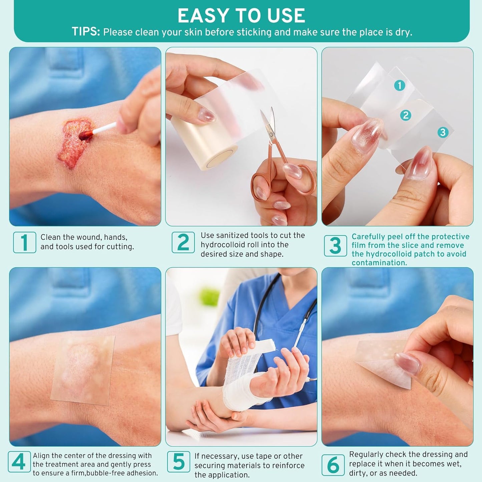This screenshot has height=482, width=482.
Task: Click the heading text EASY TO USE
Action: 241,16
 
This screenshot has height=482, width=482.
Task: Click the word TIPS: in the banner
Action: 86,32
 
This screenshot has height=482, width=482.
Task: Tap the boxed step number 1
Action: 24,243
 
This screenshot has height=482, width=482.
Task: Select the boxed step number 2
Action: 183,243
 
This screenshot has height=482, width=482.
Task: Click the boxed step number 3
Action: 335,246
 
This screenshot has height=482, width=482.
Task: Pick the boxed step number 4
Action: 19,462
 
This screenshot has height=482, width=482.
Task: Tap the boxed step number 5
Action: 178,462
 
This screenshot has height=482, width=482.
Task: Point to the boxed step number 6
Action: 333,465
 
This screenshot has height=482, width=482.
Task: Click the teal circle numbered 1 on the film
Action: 400,86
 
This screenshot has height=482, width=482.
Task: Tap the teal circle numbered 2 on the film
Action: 406,115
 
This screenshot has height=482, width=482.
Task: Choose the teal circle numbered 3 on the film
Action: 443,132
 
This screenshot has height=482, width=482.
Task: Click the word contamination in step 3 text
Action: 379,263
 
